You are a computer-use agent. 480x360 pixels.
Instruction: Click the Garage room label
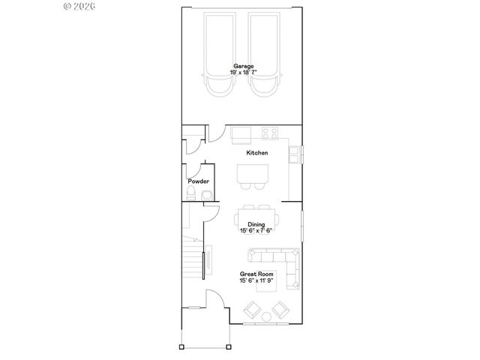pyautogui.click(x=242, y=66)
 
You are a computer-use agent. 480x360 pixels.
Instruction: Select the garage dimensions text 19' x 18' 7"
pyautogui.click(x=242, y=73)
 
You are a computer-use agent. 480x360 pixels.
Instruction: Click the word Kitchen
pyautogui.click(x=257, y=153)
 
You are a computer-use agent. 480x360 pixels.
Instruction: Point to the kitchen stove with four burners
pyautogui.click(x=271, y=134)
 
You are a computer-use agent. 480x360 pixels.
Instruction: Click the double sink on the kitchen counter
pyautogui.click(x=295, y=153)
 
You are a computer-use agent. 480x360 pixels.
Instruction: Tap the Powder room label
pyautogui.click(x=198, y=181)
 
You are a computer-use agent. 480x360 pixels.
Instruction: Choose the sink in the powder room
pyautogui.click(x=206, y=195)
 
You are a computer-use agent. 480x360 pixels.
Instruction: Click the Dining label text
pyautogui.click(x=256, y=224)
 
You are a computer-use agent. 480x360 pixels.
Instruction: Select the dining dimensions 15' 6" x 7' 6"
pyautogui.click(x=256, y=231)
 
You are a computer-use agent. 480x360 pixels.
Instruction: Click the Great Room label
pyautogui.click(x=256, y=274)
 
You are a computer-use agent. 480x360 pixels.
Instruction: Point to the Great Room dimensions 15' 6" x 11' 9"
pyautogui.click(x=256, y=281)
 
